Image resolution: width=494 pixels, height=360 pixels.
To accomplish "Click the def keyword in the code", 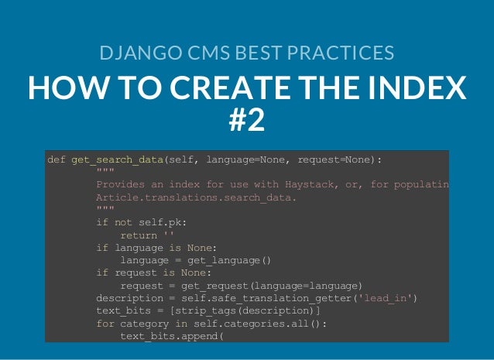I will pyautogui.click(x=57, y=160).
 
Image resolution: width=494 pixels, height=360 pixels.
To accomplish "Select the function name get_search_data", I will pyautogui.click(x=117, y=160).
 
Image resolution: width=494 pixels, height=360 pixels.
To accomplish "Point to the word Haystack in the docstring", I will pyautogui.click(x=305, y=185).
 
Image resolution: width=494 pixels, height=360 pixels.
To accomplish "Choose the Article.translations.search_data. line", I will pyautogui.click(x=196, y=197).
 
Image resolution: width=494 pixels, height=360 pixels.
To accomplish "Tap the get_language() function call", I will pyautogui.click(x=232, y=260).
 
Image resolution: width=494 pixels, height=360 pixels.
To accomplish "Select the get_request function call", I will pyautogui.click(x=214, y=285).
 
